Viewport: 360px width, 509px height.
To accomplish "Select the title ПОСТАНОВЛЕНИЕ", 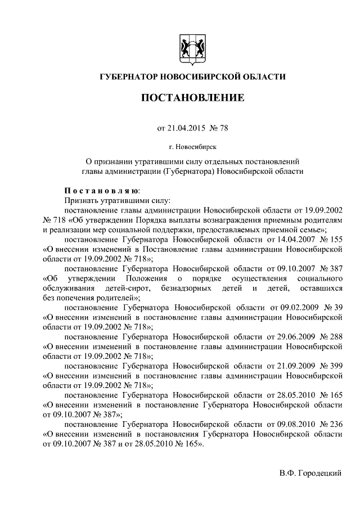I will click(x=192, y=98).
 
